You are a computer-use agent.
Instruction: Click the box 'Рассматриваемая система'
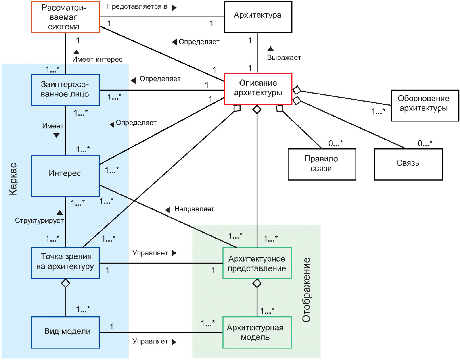(65, 17)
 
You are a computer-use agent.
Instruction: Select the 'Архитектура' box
(258, 17)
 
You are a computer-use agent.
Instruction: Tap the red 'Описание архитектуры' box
(258, 89)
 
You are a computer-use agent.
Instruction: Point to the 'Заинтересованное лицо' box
(65, 90)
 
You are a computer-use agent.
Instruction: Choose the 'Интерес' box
(65, 176)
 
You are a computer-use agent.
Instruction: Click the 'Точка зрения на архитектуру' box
(65, 263)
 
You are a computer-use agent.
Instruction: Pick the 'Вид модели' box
(65, 333)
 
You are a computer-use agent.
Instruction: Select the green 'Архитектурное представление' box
(257, 263)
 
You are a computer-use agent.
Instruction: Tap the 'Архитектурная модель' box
(257, 333)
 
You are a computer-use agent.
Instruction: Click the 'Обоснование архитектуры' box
(425, 106)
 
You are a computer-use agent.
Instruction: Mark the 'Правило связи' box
(322, 165)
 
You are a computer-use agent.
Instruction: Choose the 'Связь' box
(408, 165)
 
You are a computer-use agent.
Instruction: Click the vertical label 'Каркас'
(13, 179)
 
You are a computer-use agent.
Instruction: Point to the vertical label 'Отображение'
(306, 290)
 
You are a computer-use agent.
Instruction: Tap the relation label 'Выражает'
(284, 58)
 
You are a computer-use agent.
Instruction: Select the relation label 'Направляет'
(194, 209)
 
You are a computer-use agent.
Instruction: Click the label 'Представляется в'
(137, 6)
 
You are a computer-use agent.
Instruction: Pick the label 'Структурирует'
(40, 221)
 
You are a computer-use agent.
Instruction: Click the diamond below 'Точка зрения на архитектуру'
(65, 283)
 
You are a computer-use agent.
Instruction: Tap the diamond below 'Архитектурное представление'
(257, 283)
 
